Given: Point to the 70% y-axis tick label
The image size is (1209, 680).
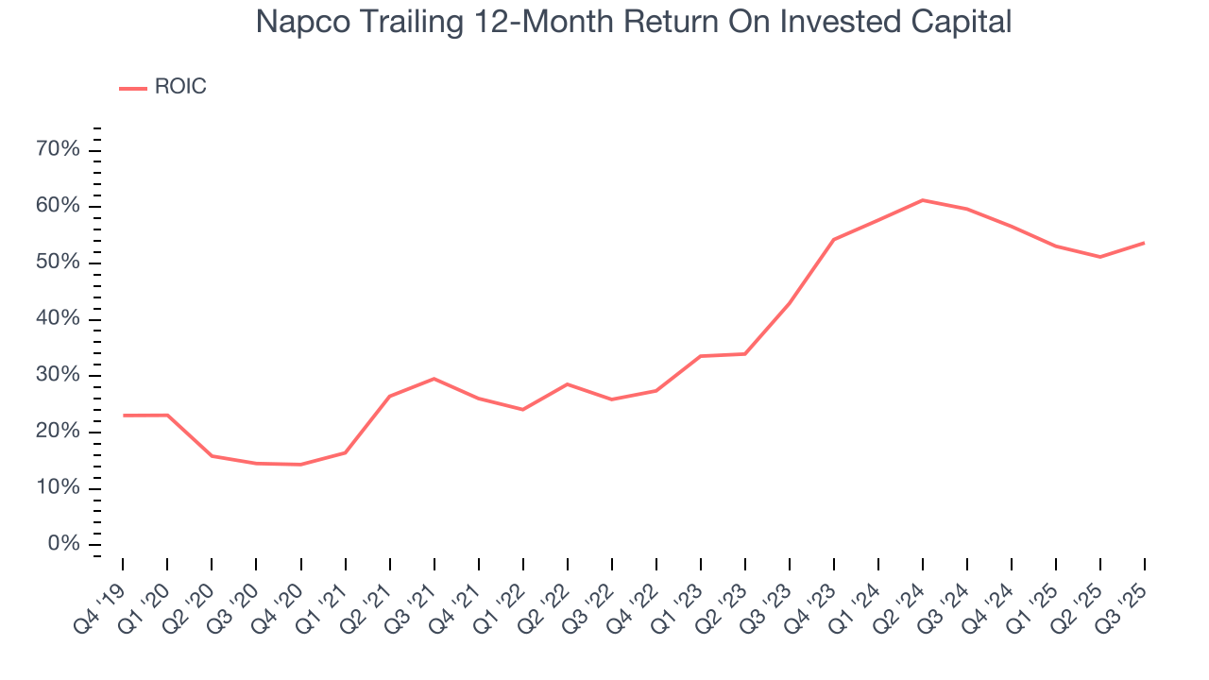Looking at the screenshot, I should point(59,150).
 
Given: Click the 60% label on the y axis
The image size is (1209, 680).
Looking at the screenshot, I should point(59,207).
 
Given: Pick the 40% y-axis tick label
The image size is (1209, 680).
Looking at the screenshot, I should point(59,319).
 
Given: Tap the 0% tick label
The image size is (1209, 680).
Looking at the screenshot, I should point(64,544).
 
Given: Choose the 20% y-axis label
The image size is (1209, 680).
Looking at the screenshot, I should point(59,432).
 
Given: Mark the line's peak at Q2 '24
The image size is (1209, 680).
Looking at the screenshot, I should point(923,200).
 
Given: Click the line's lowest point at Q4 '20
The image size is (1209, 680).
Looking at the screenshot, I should point(300,465).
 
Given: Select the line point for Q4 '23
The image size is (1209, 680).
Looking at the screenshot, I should point(834,240).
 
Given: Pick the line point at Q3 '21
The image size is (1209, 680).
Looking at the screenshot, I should point(434,379).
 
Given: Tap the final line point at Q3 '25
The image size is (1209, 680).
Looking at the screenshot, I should point(1145,243).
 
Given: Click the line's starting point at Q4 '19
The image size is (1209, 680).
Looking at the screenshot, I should point(123,416).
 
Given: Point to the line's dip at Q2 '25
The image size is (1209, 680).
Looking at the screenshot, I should point(1100,257).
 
